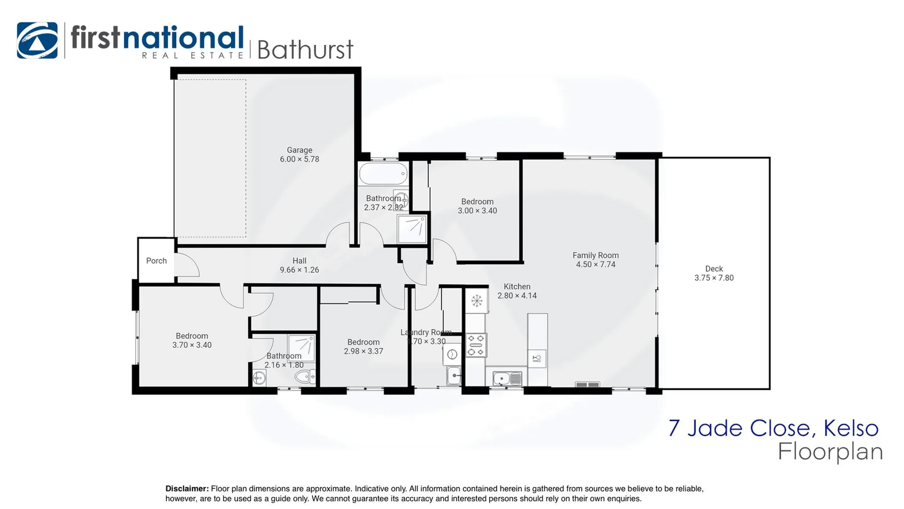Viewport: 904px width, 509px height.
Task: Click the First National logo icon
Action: (x=37, y=41)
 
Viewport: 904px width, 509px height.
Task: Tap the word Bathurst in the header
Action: (x=305, y=50)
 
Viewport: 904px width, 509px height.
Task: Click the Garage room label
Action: (x=299, y=150)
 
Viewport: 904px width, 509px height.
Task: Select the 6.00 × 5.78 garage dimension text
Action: (x=299, y=159)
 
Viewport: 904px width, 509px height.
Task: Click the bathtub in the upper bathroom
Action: (x=383, y=174)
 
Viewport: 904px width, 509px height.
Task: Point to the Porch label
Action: (x=156, y=261)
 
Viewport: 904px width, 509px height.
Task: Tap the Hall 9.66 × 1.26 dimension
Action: (x=299, y=270)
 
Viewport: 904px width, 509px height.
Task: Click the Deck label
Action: (x=714, y=269)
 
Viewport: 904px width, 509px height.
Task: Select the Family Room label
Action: (x=596, y=255)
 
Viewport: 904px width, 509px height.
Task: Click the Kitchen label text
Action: (x=517, y=287)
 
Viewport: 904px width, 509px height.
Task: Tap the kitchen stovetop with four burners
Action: (x=476, y=345)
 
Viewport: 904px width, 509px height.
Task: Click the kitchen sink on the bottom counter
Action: (x=507, y=378)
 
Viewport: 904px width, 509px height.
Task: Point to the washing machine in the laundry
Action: (x=452, y=354)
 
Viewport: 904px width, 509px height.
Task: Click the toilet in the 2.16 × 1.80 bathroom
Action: (x=305, y=377)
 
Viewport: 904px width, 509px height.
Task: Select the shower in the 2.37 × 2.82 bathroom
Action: (x=412, y=229)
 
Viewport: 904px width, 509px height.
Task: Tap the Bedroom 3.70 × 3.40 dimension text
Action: (x=192, y=345)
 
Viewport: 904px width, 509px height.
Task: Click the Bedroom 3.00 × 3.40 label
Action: (x=477, y=202)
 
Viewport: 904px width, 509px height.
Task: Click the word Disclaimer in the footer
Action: (x=187, y=489)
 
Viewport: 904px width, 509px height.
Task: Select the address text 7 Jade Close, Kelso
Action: (x=773, y=428)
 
